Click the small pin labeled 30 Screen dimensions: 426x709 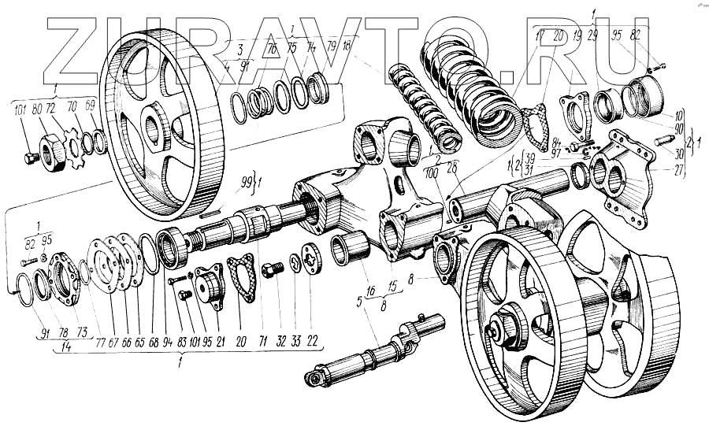click(661, 142)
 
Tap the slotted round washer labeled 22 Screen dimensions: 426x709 click(311, 261)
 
